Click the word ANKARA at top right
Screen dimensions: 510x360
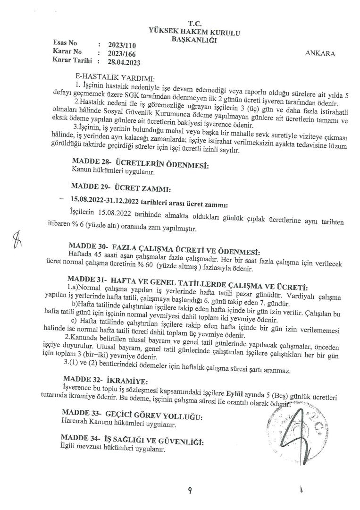pos(320,54)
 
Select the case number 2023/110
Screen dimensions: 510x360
pos(118,46)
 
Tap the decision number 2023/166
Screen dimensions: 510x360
pos(118,54)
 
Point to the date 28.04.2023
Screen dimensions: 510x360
pos(124,62)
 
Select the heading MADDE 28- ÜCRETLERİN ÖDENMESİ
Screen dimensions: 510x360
pos(139,165)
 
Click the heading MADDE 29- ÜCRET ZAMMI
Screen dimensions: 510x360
pos(120,189)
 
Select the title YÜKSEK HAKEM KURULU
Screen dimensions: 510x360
pos(194,32)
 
